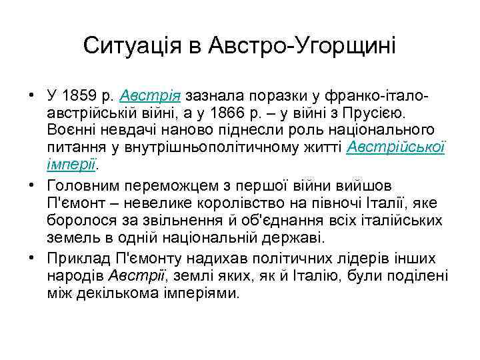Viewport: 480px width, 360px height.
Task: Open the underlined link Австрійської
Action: point(397,145)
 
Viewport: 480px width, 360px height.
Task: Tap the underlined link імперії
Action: point(69,163)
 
